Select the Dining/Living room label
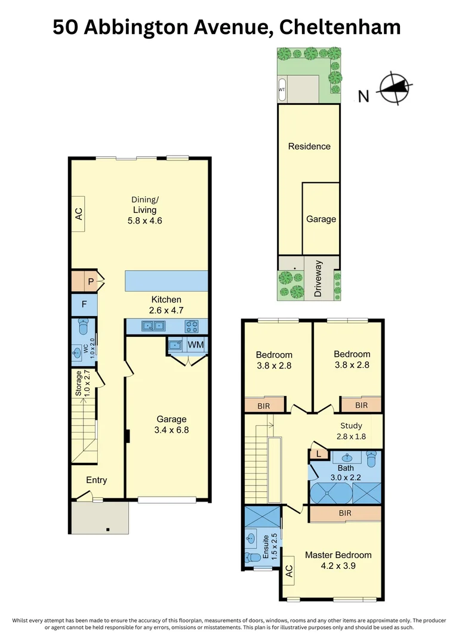pos(144,205)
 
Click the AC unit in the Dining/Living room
pos(78,213)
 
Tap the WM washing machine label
pos(196,345)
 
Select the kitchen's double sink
pos(153,326)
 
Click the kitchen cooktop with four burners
pos(193,326)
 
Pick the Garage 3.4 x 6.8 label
pos(172,424)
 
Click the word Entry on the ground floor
pos(97,480)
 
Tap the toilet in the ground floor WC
pos(84,327)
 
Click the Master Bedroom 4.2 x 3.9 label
pos(338,561)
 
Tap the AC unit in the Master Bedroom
pos(287,572)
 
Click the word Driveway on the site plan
pos(318,278)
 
